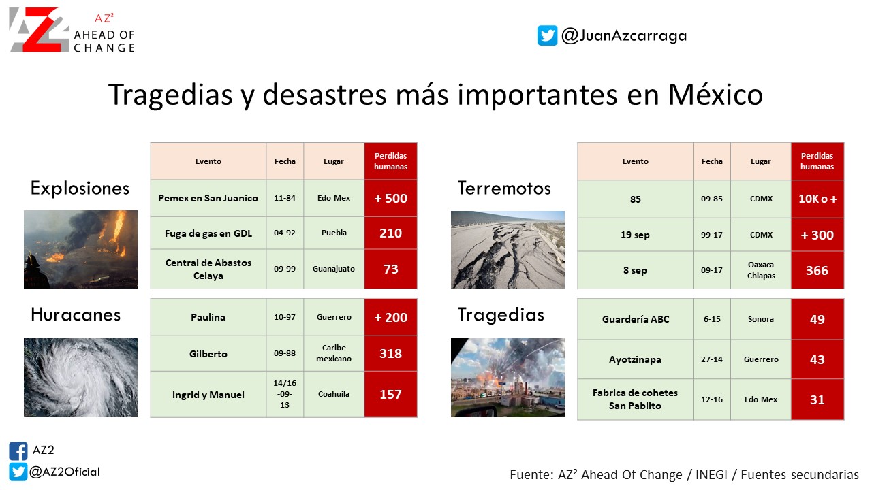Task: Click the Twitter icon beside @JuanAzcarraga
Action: pyautogui.click(x=547, y=35)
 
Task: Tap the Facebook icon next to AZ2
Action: pyautogui.click(x=18, y=451)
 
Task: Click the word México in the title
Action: pyautogui.click(x=715, y=95)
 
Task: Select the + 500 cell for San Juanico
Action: pyautogui.click(x=391, y=198)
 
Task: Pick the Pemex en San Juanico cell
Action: pyautogui.click(x=208, y=198)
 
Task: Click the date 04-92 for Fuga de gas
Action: pyautogui.click(x=285, y=233)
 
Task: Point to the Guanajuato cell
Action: pyautogui.click(x=334, y=269)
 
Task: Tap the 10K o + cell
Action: pyautogui.click(x=817, y=199)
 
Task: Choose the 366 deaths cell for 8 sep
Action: pyautogui.click(x=817, y=270)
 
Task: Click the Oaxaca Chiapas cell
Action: pyautogui.click(x=761, y=270)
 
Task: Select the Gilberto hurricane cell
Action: pyautogui.click(x=208, y=354)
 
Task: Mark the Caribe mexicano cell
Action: pyautogui.click(x=334, y=353)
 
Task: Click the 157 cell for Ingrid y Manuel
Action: pyautogui.click(x=391, y=394)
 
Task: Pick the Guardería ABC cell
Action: pyautogui.click(x=636, y=319)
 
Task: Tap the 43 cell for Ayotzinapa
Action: pyautogui.click(x=817, y=360)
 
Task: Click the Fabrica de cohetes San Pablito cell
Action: pyautogui.click(x=636, y=399)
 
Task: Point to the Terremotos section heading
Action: pyautogui.click(x=504, y=189)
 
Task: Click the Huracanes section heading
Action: pyautogui.click(x=76, y=314)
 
